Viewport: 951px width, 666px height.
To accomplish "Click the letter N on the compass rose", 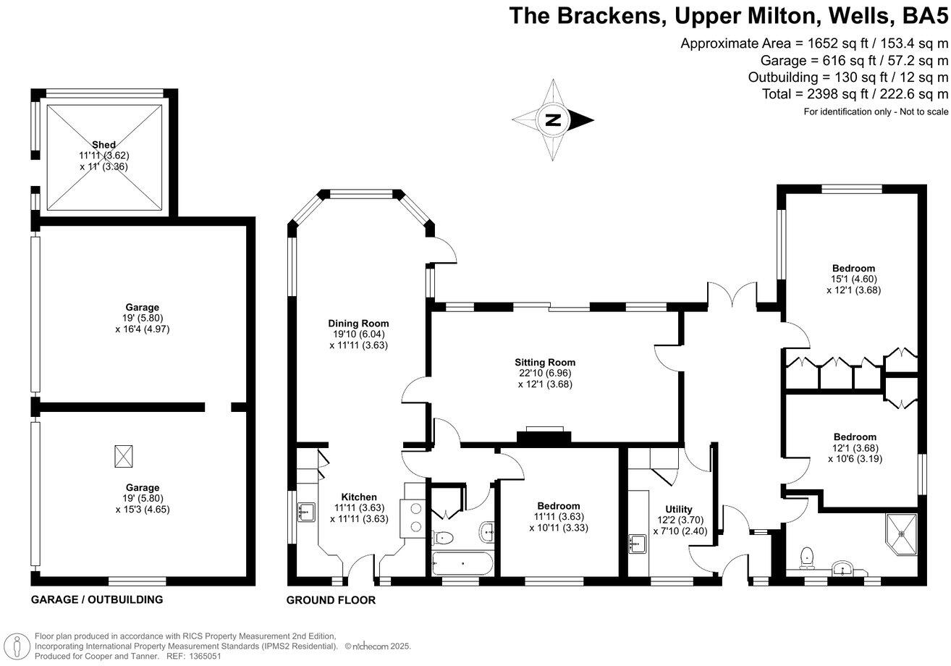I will click(553, 120).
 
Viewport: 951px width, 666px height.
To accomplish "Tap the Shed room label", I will click(104, 145).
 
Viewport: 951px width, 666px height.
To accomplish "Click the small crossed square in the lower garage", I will click(124, 457).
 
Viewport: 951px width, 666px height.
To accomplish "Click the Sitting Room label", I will click(545, 362).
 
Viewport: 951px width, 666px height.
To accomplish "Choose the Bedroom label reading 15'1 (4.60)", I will click(854, 269).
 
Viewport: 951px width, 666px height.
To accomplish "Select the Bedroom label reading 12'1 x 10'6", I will click(855, 437).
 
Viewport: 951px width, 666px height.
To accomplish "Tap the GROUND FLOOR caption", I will click(331, 600).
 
